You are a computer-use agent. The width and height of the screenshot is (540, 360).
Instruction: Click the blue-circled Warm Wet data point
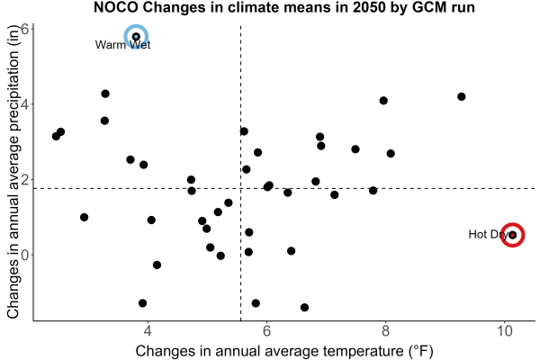(136, 37)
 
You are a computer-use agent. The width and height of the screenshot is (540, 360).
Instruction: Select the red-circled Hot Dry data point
(512, 235)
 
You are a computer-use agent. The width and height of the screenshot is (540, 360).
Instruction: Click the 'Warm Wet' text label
(122, 45)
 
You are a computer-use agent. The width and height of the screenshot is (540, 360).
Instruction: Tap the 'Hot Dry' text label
(488, 235)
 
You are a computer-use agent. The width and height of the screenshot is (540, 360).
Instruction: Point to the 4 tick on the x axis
(148, 331)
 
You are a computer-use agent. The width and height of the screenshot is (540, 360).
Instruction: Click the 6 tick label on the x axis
(266, 331)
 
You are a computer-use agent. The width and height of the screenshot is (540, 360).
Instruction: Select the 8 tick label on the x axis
(385, 331)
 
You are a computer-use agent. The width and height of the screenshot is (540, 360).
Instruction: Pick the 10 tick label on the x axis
(505, 331)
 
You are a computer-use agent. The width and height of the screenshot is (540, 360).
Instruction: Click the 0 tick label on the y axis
(25, 255)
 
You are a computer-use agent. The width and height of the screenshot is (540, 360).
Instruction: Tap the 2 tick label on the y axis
(25, 179)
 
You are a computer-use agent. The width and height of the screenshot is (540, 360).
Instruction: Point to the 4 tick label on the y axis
(25, 104)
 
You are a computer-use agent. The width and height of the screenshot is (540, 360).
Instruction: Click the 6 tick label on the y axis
(25, 29)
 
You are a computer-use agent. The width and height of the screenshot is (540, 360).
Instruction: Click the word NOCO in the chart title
(116, 7)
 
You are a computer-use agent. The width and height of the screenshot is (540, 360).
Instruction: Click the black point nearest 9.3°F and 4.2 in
(462, 96)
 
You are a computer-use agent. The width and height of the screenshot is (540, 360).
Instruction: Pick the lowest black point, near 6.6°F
(304, 307)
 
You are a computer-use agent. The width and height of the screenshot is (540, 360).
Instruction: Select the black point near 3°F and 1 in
(84, 217)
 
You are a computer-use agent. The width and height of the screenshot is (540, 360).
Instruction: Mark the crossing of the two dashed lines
(240, 188)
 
